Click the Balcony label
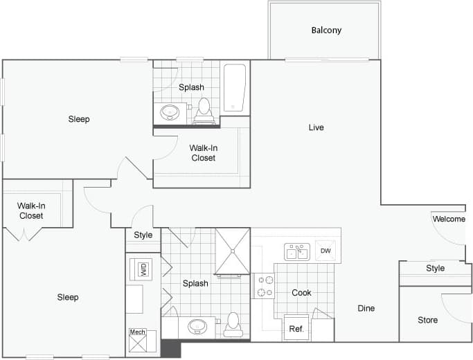click(x=326, y=30)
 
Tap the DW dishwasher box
click(x=325, y=251)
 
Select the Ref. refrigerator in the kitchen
click(x=296, y=329)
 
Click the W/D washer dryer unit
click(x=143, y=269)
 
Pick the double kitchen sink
click(x=296, y=251)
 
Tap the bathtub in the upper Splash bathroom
click(x=235, y=88)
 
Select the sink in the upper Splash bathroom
click(x=170, y=111)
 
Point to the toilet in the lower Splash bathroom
click(x=233, y=324)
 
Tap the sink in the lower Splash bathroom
click(x=198, y=325)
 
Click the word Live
click(x=316, y=127)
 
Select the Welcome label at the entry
click(x=449, y=219)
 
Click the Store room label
click(x=427, y=320)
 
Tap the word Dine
click(x=366, y=308)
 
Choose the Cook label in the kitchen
click(x=301, y=293)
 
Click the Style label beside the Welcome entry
click(x=435, y=268)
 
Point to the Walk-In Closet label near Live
click(x=203, y=152)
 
